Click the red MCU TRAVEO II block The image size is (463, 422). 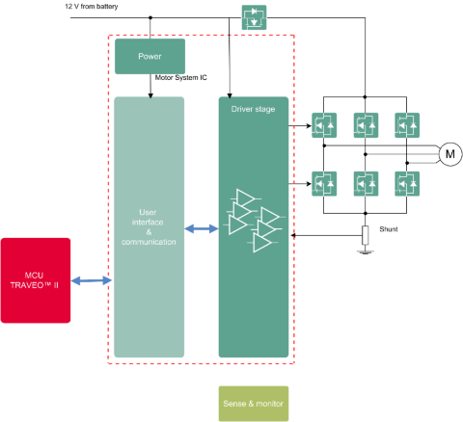coord(36,280)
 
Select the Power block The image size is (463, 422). coord(150,56)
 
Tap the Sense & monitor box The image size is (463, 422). coord(254,404)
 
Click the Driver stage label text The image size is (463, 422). coord(253,109)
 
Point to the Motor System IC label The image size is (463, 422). coord(181,77)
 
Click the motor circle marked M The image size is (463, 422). coord(450,154)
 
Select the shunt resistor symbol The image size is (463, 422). coord(365,235)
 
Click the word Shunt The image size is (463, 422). coord(389,229)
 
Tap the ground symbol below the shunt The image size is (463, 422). coord(365,251)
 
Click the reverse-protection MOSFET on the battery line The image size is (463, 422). coord(254,17)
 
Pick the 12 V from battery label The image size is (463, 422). coord(92,7)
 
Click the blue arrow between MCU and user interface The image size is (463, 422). coord(92,280)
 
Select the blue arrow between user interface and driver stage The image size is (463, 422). coord(202,228)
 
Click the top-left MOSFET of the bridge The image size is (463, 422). coord(324,125)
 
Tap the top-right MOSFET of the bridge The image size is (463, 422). coord(407,125)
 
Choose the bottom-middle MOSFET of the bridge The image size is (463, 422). coord(366,184)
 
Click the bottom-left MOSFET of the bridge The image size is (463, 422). coord(324,184)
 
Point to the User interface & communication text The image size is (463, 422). coord(149,227)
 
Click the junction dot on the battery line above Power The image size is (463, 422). coord(150,17)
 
